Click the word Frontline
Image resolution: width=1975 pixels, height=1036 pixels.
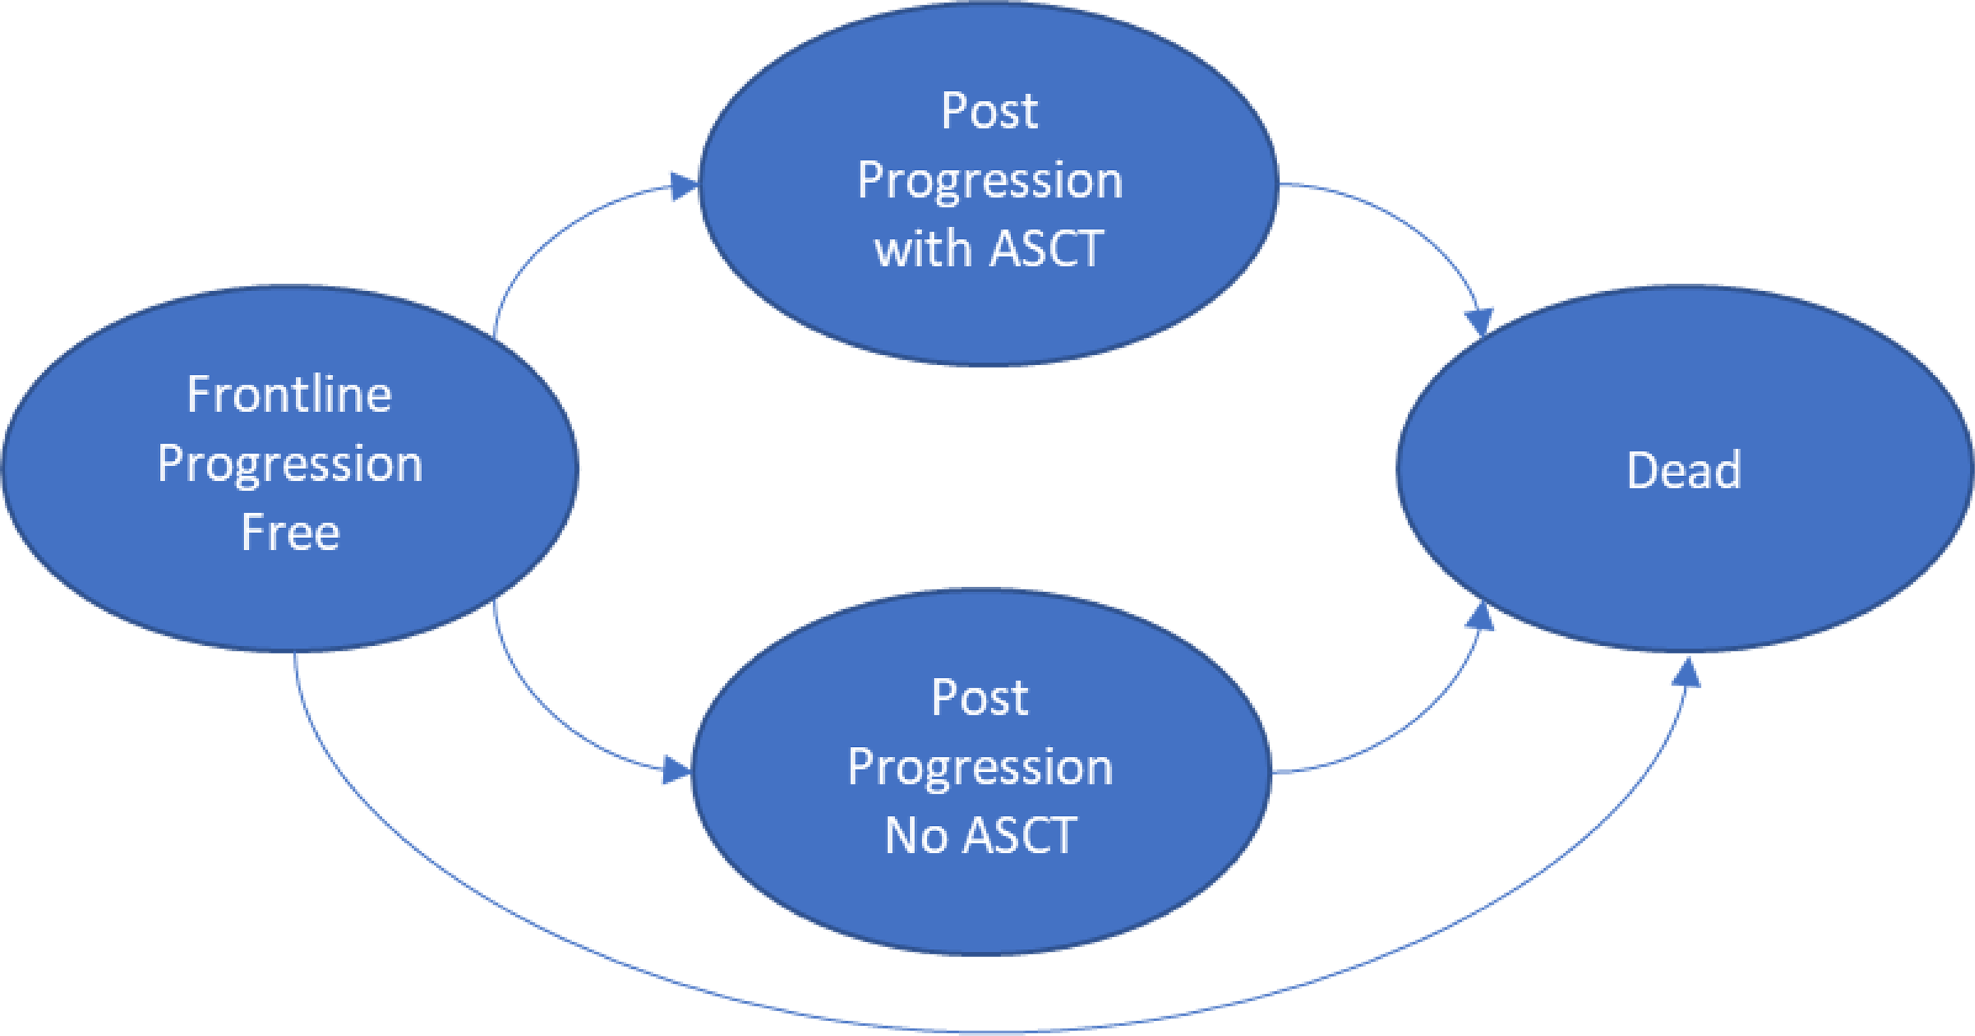coord(289,395)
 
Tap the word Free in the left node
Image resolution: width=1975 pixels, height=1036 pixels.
coord(290,532)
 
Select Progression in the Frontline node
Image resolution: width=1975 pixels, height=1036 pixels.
coord(290,465)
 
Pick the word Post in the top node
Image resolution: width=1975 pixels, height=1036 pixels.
coord(989,111)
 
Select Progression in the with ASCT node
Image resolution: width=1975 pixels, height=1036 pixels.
coord(989,182)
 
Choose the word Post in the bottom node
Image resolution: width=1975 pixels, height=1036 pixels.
coord(980,698)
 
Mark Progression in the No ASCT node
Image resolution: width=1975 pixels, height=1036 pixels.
coord(980,767)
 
